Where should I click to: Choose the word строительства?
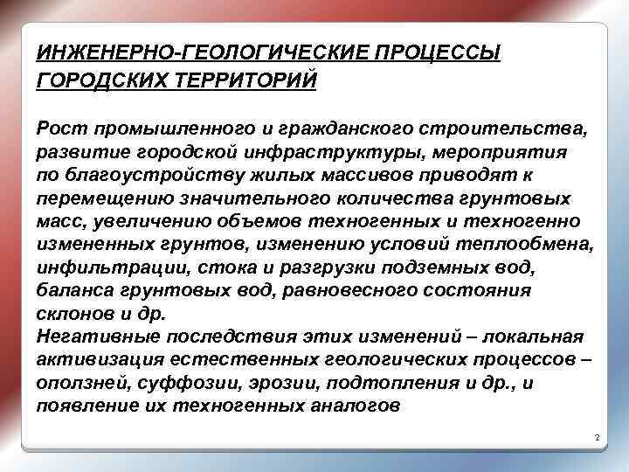(x=505, y=129)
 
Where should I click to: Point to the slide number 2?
(x=594, y=436)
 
